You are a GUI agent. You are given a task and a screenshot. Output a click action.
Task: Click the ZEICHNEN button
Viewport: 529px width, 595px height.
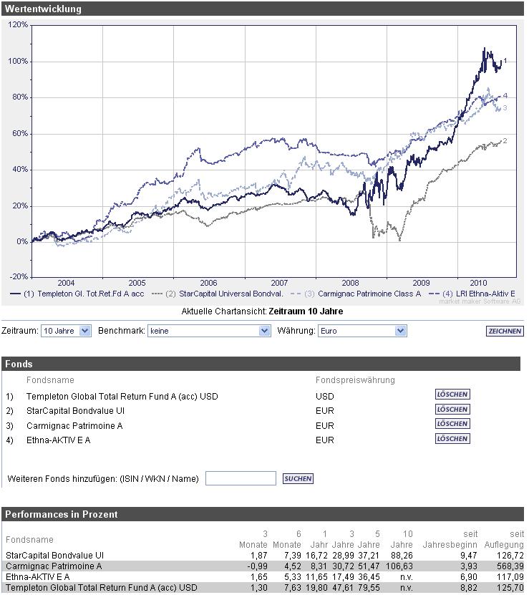click(x=504, y=332)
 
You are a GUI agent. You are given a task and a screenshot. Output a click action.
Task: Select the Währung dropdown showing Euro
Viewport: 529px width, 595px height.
click(x=361, y=331)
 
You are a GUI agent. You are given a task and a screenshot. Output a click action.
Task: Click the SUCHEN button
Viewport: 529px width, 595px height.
click(x=298, y=478)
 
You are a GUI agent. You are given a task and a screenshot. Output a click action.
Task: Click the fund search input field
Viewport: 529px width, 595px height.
click(x=241, y=478)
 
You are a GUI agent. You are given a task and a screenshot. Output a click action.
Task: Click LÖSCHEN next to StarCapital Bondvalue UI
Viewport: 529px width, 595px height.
click(x=452, y=410)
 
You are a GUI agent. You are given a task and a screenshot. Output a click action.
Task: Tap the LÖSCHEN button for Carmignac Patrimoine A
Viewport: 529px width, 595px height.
click(x=452, y=424)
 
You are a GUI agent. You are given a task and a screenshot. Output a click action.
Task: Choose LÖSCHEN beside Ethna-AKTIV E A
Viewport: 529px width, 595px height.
click(x=452, y=439)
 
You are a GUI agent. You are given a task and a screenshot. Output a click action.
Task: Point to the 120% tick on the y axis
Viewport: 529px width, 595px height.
click(x=18, y=24)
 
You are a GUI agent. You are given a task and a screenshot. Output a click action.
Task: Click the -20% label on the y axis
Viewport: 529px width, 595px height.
click(x=18, y=277)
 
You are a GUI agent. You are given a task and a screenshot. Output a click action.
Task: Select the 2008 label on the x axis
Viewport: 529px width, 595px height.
click(x=350, y=283)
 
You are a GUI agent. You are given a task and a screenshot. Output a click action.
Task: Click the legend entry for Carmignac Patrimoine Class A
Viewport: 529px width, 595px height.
click(x=362, y=294)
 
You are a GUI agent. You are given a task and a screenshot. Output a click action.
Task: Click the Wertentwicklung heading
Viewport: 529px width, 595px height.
click(x=43, y=9)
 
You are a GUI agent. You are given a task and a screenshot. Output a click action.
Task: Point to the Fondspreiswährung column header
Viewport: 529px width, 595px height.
click(x=355, y=380)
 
